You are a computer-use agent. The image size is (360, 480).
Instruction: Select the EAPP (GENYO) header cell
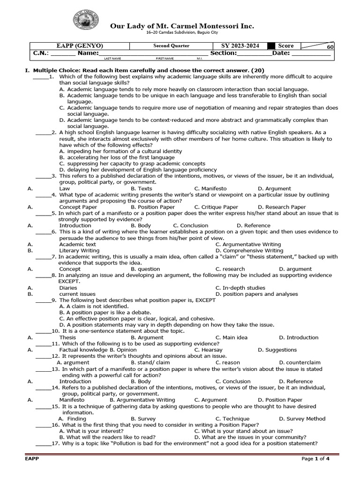click(80, 46)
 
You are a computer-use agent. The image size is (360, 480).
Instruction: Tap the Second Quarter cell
click(172, 46)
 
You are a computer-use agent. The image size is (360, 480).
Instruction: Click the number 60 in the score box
click(330, 47)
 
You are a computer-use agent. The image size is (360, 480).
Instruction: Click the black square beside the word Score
click(271, 46)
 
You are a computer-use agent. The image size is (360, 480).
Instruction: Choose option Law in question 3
click(65, 188)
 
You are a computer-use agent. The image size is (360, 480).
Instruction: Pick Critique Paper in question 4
click(219, 207)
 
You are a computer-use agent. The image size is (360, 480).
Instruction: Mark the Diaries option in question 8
click(68, 288)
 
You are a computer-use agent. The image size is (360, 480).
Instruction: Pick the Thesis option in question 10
click(67, 337)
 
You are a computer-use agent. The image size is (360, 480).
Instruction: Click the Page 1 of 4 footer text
click(315, 458)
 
